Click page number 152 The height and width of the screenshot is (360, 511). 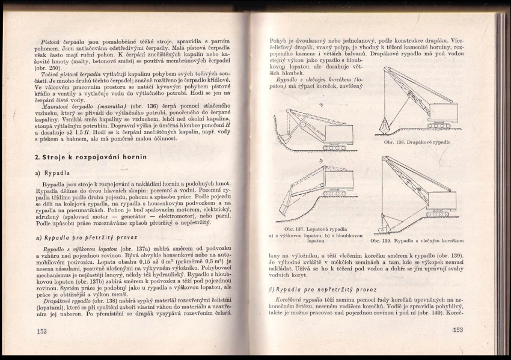pos(41,331)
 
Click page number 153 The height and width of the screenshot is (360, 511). pos(458,329)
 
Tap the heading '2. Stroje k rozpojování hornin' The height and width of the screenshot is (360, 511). pos(91,157)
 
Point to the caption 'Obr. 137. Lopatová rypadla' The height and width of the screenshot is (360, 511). pos(316,229)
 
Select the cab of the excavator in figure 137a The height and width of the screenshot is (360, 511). pos(338,133)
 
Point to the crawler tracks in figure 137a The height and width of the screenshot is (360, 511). pos(334,147)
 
